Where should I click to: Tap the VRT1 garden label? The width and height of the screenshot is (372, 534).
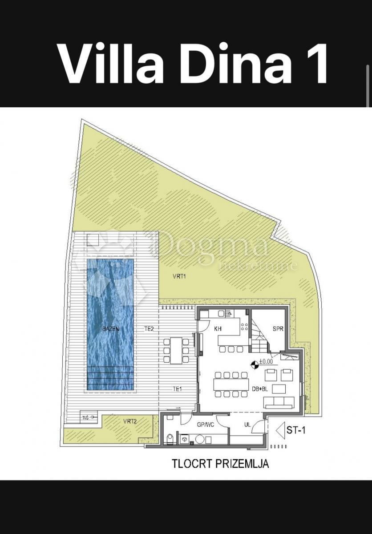(179, 276)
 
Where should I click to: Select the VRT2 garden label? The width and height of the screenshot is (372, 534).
(130, 421)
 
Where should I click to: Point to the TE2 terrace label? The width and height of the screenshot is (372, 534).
(149, 329)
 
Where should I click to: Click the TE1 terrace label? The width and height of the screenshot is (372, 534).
(178, 389)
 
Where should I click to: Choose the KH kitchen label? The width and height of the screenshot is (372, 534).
(218, 329)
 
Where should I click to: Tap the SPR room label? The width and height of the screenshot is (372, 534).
(278, 329)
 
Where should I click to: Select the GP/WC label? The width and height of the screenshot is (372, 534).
(206, 425)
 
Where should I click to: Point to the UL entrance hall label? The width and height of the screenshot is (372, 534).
(248, 425)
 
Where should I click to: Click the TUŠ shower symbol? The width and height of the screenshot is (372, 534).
(86, 417)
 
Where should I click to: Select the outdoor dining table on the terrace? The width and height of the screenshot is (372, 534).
(177, 350)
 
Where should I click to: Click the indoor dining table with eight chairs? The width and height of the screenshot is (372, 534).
(230, 384)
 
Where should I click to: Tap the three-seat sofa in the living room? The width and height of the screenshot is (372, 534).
(279, 403)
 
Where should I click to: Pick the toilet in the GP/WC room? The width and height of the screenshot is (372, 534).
(169, 439)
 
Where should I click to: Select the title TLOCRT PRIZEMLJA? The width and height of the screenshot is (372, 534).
(220, 464)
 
